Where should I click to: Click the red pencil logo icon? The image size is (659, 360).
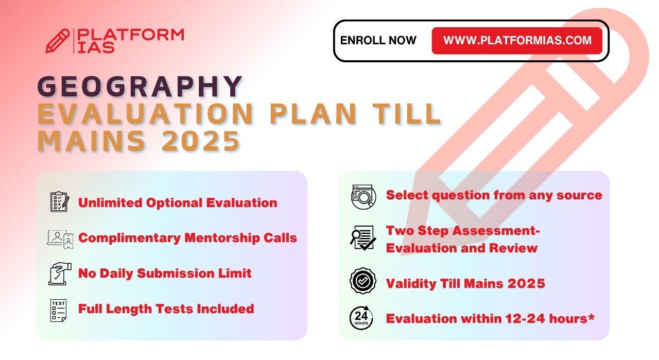[57, 41]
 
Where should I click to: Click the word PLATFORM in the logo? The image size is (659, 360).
[131, 35]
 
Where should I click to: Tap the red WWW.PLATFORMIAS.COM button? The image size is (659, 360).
[517, 41]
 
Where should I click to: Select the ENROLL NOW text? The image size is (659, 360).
[378, 41]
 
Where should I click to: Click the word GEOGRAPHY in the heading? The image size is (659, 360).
[140, 86]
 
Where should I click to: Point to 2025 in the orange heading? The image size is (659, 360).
[201, 141]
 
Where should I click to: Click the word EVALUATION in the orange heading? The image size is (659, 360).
[145, 114]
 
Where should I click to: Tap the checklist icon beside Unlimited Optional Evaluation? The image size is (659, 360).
[60, 202]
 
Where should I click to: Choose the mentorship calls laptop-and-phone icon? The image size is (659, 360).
[60, 239]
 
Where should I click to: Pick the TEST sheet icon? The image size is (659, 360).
[58, 311]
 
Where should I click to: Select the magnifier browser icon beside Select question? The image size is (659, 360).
[363, 197]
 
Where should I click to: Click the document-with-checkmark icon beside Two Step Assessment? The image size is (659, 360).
[363, 238]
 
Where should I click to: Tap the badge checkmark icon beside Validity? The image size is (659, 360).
[363, 281]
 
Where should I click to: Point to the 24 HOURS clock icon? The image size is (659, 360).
[361, 318]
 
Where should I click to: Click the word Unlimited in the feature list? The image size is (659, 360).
[110, 203]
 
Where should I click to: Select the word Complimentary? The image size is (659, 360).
[129, 238]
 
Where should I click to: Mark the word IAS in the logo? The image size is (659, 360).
[96, 48]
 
